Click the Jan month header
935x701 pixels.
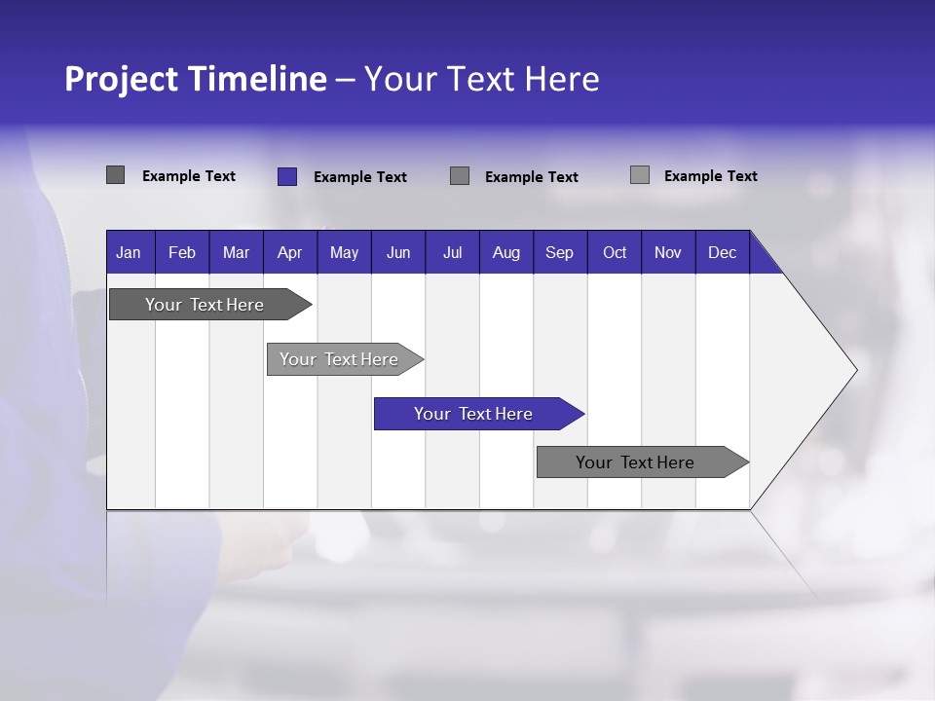click(x=129, y=252)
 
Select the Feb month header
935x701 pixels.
click(x=182, y=252)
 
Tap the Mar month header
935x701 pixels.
click(x=236, y=252)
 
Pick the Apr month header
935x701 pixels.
click(x=289, y=252)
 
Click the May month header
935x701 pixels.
click(x=344, y=252)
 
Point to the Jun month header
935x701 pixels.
click(x=398, y=252)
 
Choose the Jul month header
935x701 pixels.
click(x=452, y=252)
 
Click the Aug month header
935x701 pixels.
click(x=506, y=252)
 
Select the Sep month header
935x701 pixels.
click(x=560, y=252)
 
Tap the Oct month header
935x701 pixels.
click(x=615, y=252)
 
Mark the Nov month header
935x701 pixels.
click(x=668, y=252)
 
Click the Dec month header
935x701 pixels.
click(x=722, y=252)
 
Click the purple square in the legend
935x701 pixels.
click(x=286, y=176)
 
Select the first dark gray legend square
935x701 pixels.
click(x=115, y=175)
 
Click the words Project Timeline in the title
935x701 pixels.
click(x=195, y=79)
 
